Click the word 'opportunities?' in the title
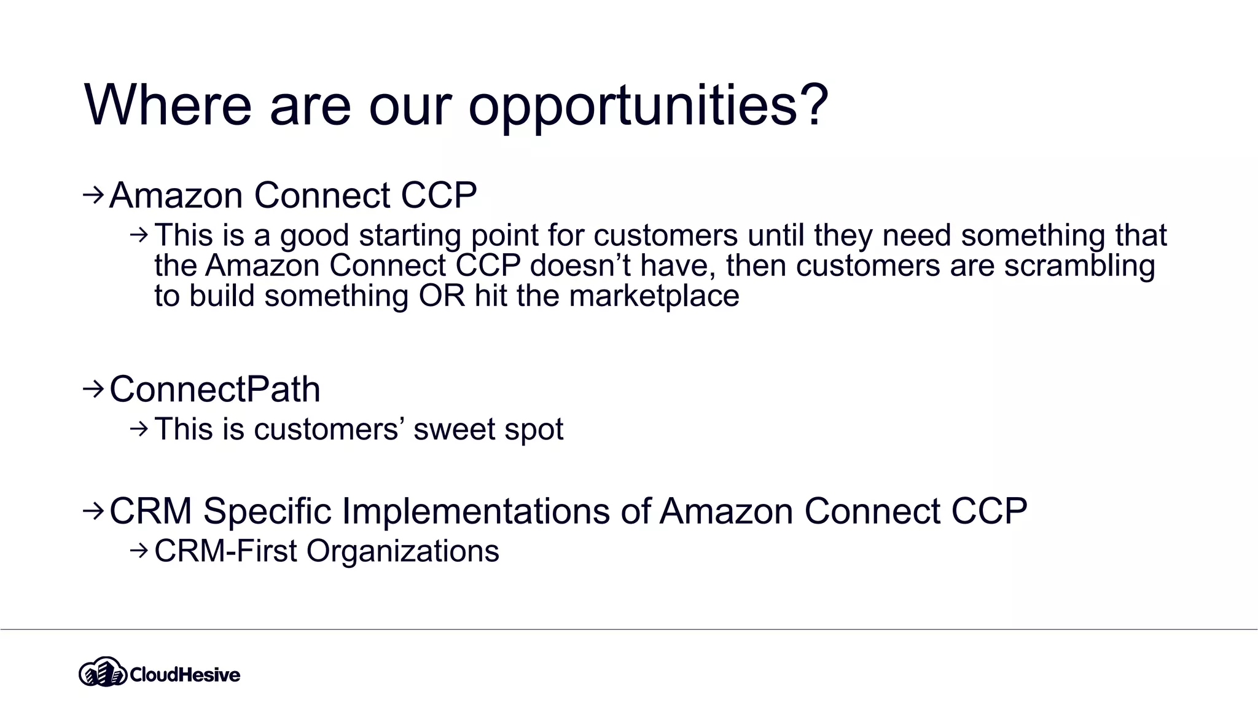tap(648, 106)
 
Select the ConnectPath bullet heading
tap(215, 389)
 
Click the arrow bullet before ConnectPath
tap(93, 388)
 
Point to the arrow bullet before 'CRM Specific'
tap(93, 510)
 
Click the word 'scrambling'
tap(1079, 265)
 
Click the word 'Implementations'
tap(475, 511)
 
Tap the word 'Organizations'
tap(402, 551)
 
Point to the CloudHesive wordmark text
tap(185, 675)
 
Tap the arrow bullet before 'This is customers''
tap(139, 428)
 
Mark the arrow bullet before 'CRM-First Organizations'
tap(139, 550)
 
